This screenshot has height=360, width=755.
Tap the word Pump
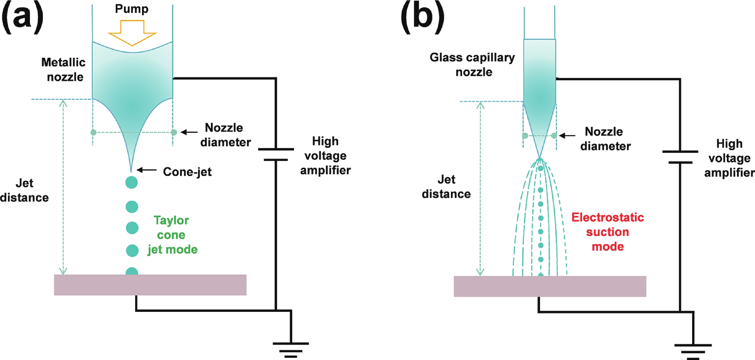[132, 9]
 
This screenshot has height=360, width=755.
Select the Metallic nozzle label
[64, 70]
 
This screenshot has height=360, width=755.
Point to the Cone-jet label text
[187, 172]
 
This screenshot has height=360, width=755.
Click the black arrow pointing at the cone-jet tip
[146, 170]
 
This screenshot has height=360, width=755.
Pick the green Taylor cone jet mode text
[172, 235]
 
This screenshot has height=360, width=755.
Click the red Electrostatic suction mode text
[608, 232]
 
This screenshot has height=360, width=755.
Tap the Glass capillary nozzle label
[472, 64]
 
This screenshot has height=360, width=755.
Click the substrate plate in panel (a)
[150, 285]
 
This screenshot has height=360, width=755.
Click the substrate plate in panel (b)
[550, 286]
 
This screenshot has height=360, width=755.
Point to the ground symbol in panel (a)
[291, 350]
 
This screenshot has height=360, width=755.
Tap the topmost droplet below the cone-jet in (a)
[131, 183]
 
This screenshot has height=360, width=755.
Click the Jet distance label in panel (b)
[446, 187]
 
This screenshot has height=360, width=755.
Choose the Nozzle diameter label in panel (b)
[605, 139]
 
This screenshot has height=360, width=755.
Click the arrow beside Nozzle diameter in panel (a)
[189, 132]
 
